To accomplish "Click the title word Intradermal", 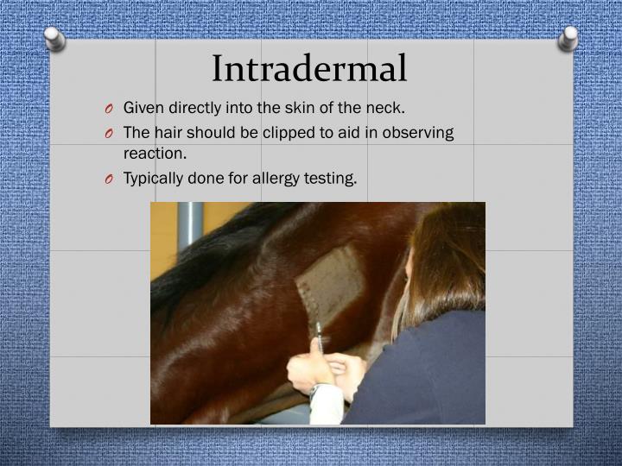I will [x=309, y=68].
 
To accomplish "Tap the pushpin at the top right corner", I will [x=568, y=37].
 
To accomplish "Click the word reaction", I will [x=155, y=153].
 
